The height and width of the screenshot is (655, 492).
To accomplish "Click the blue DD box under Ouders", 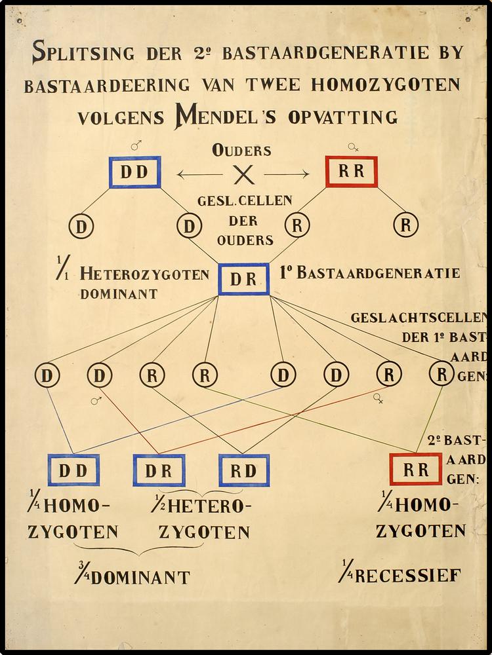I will tap(135, 172).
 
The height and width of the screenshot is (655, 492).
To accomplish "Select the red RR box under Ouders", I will tap(352, 172).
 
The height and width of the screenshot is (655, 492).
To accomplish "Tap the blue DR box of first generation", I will tap(243, 279).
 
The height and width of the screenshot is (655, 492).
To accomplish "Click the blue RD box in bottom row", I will tap(244, 470).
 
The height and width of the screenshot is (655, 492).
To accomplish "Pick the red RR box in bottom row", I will tap(416, 469).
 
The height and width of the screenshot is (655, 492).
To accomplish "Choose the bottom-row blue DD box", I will tap(73, 470).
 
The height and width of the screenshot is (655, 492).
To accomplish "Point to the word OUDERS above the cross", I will tap(241, 150).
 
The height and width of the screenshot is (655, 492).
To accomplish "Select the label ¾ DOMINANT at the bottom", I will tap(132, 576).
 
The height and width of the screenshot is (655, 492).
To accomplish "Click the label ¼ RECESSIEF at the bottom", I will tap(400, 576).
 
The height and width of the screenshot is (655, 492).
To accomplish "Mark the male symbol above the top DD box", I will tap(136, 146).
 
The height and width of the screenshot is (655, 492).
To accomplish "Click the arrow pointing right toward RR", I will tap(287, 174).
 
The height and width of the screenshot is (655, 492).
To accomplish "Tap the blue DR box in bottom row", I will tap(159, 470).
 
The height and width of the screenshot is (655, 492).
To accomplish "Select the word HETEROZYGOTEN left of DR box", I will tap(144, 274).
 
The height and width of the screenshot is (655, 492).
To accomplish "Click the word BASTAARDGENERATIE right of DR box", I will tap(379, 273).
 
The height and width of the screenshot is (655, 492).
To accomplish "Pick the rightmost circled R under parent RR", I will tap(405, 225).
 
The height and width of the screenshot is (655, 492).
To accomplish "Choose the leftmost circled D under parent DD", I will tap(81, 226).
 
